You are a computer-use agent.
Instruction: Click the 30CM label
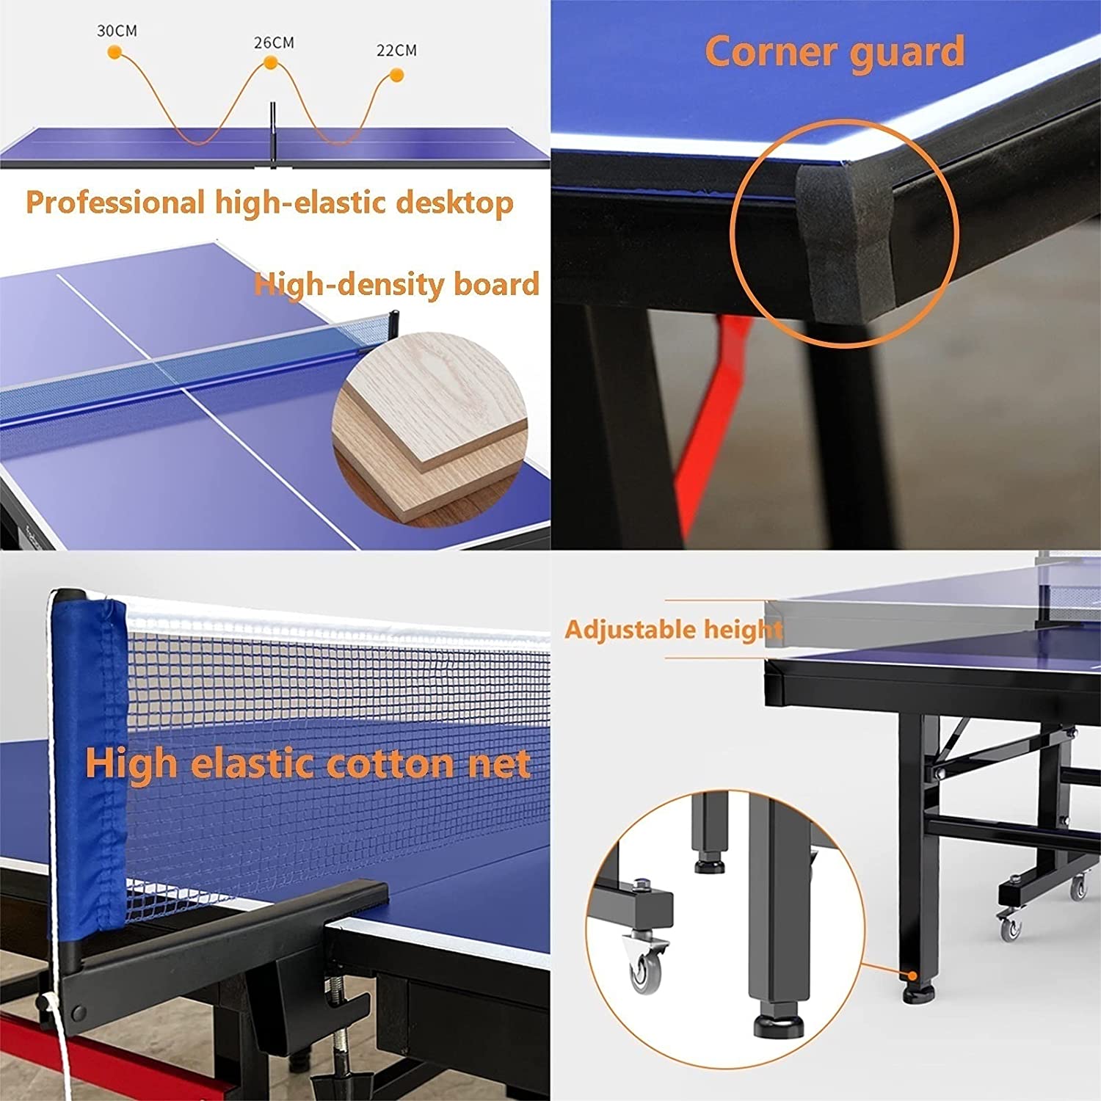[117, 31]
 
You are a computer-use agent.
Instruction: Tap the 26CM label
[274, 43]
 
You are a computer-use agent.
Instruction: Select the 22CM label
[396, 50]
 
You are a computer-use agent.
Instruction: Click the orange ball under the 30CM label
[115, 53]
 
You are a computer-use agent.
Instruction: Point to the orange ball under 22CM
[397, 75]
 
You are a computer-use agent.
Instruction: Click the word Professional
[115, 202]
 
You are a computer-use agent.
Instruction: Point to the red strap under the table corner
[713, 418]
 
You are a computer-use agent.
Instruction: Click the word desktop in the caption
[455, 203]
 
